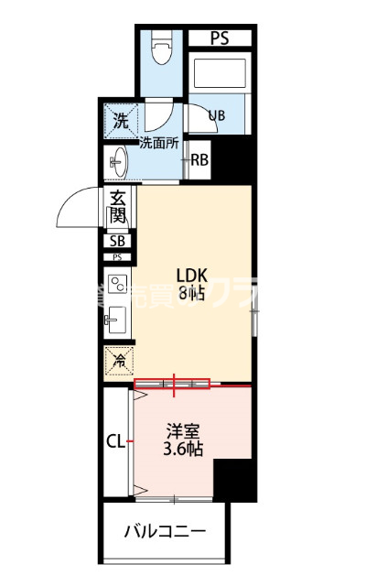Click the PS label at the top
(x=219, y=38)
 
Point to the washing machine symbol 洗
(x=120, y=119)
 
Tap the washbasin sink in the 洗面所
(x=118, y=163)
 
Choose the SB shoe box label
(x=117, y=242)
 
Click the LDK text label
(x=192, y=273)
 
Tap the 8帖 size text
(x=192, y=292)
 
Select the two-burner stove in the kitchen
(x=117, y=286)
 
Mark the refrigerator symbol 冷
(x=118, y=362)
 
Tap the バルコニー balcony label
(x=165, y=530)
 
